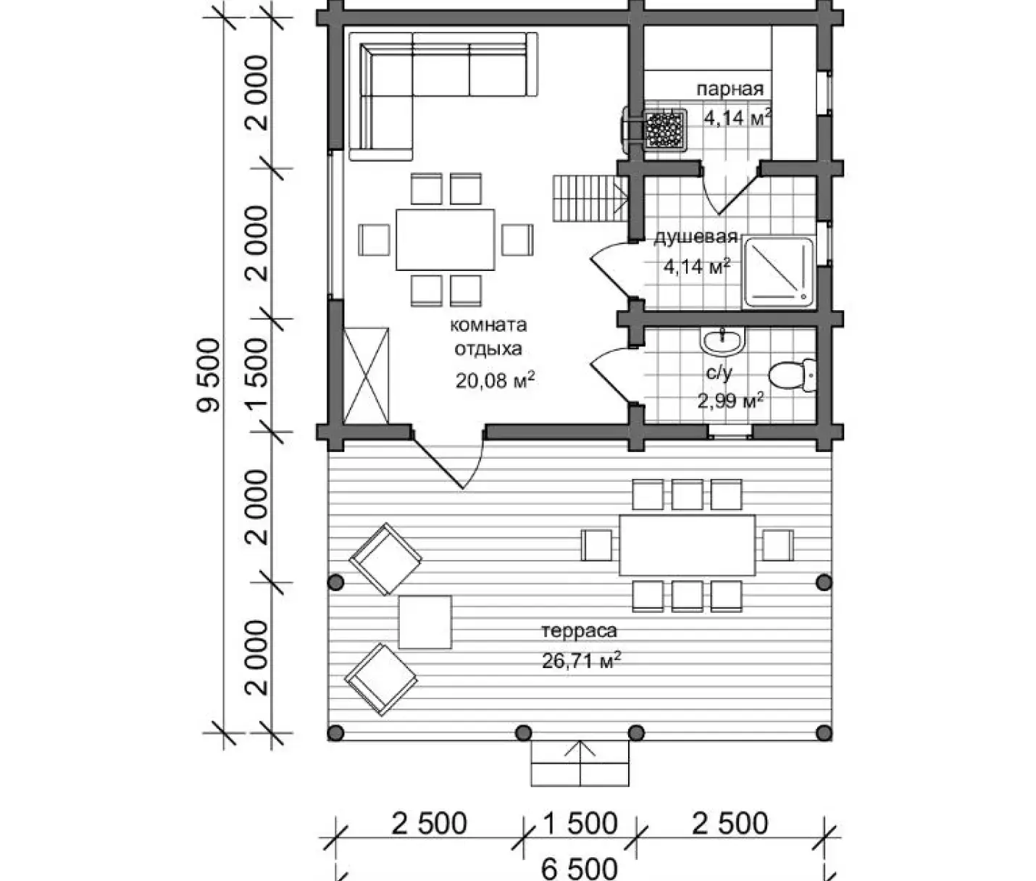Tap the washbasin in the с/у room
tap(722, 341)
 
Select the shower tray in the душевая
tap(779, 272)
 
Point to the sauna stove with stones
tap(664, 129)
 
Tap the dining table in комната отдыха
tap(445, 240)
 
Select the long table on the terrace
tap(687, 545)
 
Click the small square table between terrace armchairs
tap(425, 622)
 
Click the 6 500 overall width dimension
tap(580, 867)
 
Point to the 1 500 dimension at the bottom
tap(580, 823)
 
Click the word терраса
tap(579, 630)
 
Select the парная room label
tap(730, 89)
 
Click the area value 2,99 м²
tap(730, 400)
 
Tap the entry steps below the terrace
tap(580, 763)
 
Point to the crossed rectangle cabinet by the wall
tap(367, 375)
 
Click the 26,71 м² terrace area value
tap(582, 660)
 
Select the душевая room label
tap(696, 237)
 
